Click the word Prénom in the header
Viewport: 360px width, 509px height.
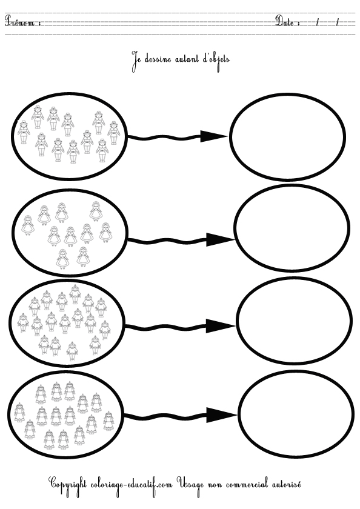[x=20, y=22]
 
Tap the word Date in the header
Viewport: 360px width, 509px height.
[x=285, y=21]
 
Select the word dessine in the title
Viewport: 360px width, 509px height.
[x=157, y=60]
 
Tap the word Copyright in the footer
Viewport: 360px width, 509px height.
[x=68, y=485]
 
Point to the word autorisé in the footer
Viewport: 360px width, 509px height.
[x=287, y=485]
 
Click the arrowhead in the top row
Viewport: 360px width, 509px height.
[x=213, y=136]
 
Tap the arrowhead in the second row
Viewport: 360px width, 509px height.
[x=220, y=239]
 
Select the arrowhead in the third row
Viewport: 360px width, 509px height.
[x=220, y=326]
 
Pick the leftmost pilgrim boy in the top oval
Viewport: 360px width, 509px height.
[x=24, y=132]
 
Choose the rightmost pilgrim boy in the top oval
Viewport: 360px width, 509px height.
[x=113, y=133]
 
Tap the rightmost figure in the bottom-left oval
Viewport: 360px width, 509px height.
[x=108, y=421]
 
